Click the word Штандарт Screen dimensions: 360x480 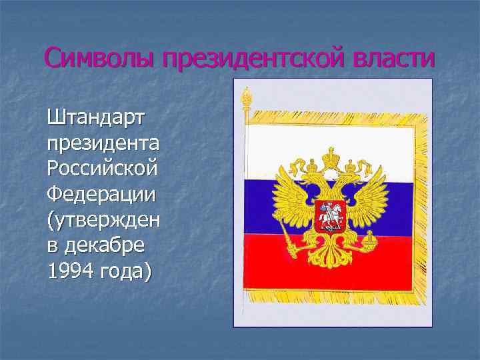click(98, 119)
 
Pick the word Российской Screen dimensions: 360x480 click(103, 169)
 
